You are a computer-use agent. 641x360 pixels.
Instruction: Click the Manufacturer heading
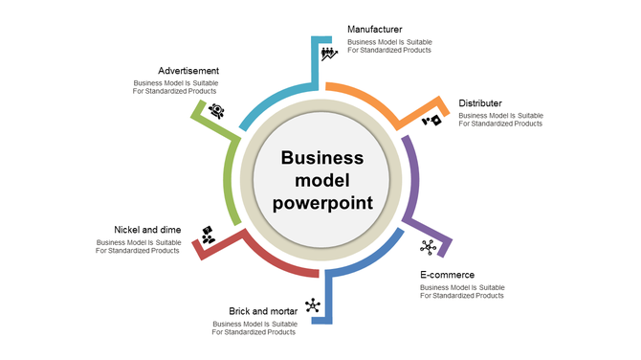coord(374,30)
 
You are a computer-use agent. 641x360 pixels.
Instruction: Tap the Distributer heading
coord(480,102)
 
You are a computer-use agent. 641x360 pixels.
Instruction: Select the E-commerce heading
coord(447,274)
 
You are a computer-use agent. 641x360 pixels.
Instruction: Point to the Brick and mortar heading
coord(262,310)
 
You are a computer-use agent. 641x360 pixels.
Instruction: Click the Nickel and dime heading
coord(146,230)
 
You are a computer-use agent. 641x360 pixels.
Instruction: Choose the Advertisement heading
coord(188,71)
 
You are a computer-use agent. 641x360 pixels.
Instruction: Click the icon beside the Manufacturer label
coord(329,53)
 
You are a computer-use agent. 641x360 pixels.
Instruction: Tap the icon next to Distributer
coord(432,121)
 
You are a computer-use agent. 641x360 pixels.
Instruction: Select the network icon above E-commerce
coord(428,247)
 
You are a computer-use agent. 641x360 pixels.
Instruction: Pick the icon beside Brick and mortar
coord(313,305)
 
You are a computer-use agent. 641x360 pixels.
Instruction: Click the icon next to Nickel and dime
coord(208,234)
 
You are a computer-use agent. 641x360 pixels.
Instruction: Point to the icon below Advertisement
coord(217,110)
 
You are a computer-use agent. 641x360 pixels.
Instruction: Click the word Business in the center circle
coord(322,158)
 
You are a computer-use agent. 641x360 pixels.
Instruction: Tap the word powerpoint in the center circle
coord(322,202)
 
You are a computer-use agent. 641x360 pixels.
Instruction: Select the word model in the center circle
coord(322,180)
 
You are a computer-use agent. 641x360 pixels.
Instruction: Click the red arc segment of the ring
coord(277,264)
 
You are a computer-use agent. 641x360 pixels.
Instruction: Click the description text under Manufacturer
coord(388,46)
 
